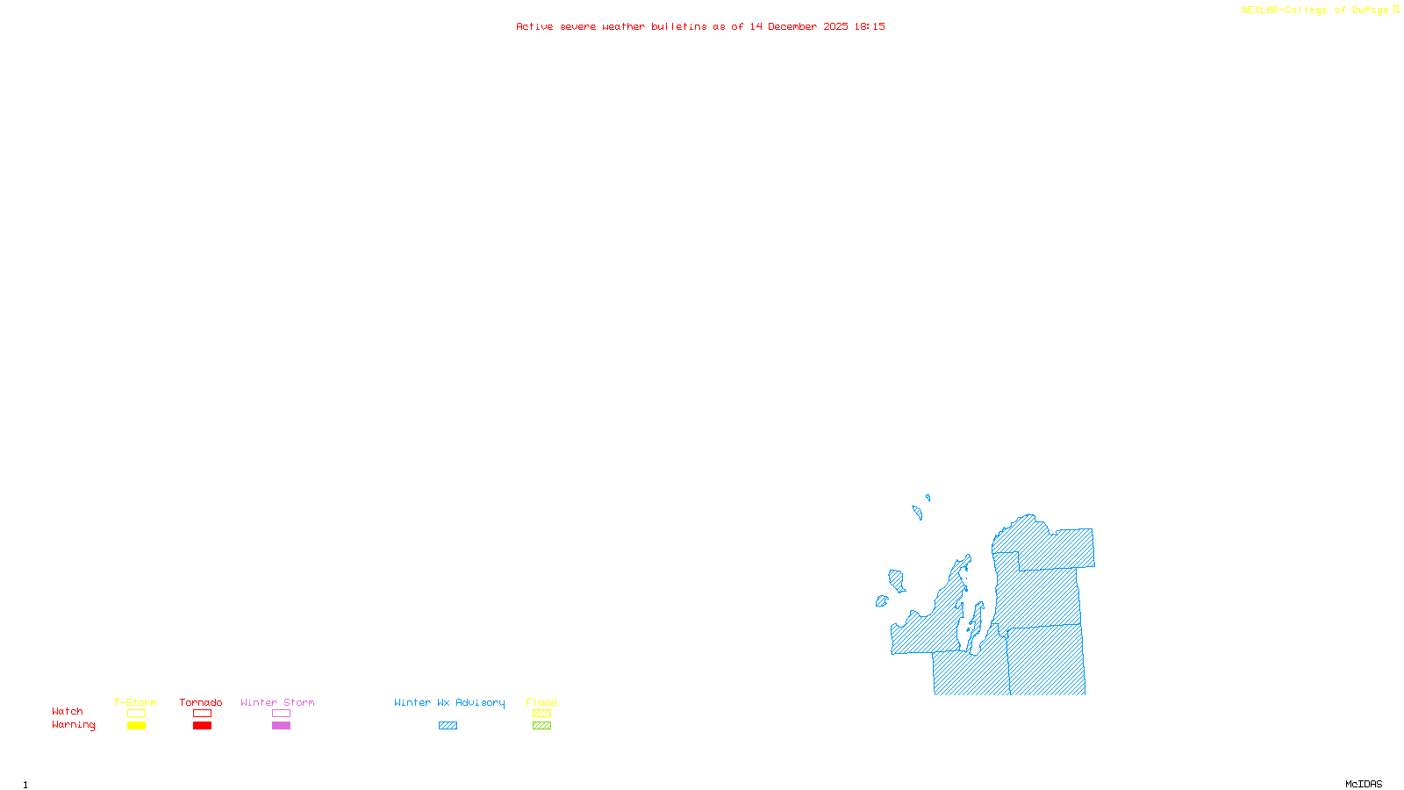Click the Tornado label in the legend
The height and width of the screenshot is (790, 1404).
tap(201, 702)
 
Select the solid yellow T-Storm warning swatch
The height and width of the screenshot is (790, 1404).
tap(136, 726)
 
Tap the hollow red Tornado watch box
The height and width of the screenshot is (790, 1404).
tap(202, 714)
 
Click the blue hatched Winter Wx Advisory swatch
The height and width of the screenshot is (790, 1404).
tap(448, 726)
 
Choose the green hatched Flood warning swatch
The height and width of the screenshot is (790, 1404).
tap(541, 726)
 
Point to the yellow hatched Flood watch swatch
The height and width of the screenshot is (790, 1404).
tap(541, 714)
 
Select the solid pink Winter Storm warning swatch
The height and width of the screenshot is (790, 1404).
tap(281, 726)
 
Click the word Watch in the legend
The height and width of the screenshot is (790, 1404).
tap(68, 712)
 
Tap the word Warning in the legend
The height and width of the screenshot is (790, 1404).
tap(73, 725)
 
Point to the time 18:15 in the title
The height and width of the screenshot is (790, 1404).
tap(870, 26)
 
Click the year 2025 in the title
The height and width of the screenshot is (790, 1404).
tap(835, 26)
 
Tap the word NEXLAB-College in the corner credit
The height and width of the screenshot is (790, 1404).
tap(1284, 10)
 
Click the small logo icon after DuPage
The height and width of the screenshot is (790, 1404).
tap(1396, 10)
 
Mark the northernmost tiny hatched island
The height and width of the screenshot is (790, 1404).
tap(928, 498)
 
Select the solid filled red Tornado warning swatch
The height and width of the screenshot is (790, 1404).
tap(202, 726)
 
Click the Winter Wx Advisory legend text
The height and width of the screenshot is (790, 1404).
tap(449, 702)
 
